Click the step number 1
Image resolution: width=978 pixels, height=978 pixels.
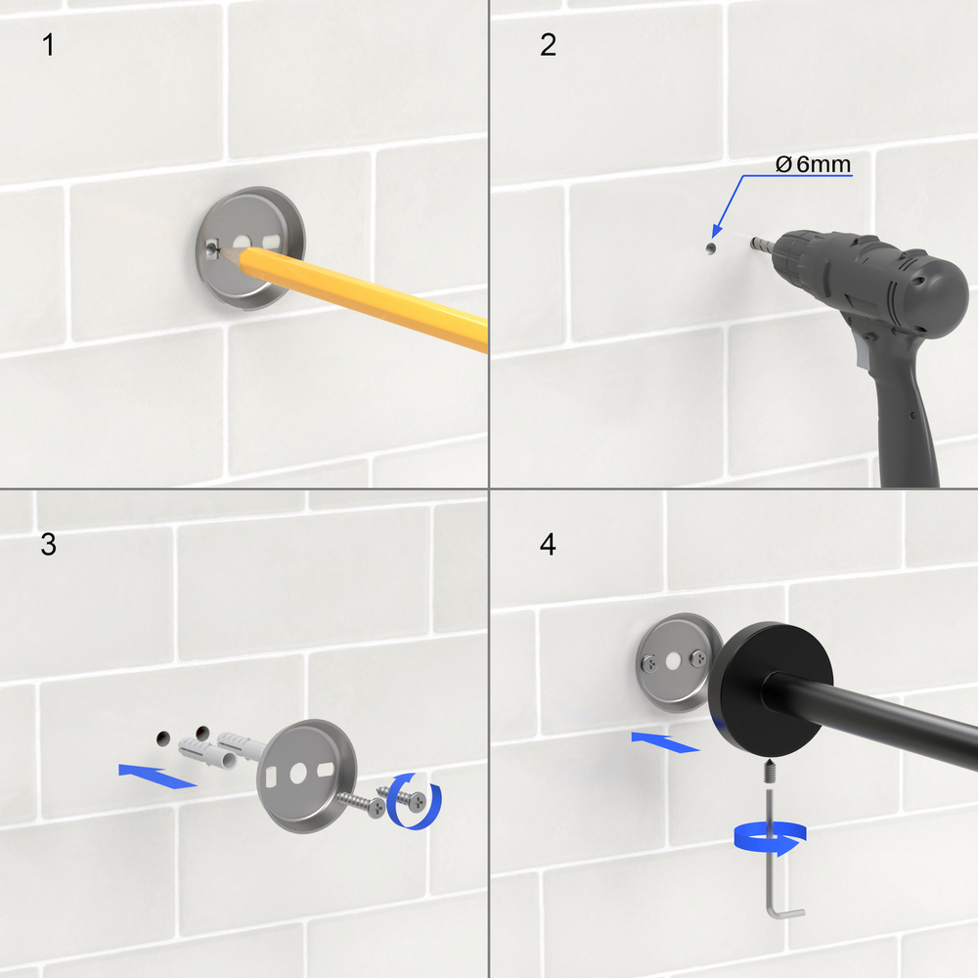click(48, 45)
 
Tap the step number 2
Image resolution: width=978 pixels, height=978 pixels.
click(548, 45)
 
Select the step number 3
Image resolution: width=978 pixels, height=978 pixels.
click(48, 545)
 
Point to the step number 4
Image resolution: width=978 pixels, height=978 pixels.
click(548, 545)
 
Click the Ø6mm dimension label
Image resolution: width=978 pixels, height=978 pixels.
click(813, 164)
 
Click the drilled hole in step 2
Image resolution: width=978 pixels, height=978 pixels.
click(710, 248)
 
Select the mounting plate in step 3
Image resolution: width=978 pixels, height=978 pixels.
click(306, 776)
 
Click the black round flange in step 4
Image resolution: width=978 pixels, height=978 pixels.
click(770, 689)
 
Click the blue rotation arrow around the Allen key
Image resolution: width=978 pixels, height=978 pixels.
click(771, 839)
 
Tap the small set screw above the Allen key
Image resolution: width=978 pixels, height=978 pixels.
click(770, 772)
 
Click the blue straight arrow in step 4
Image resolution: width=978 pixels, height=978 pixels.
click(665, 742)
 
